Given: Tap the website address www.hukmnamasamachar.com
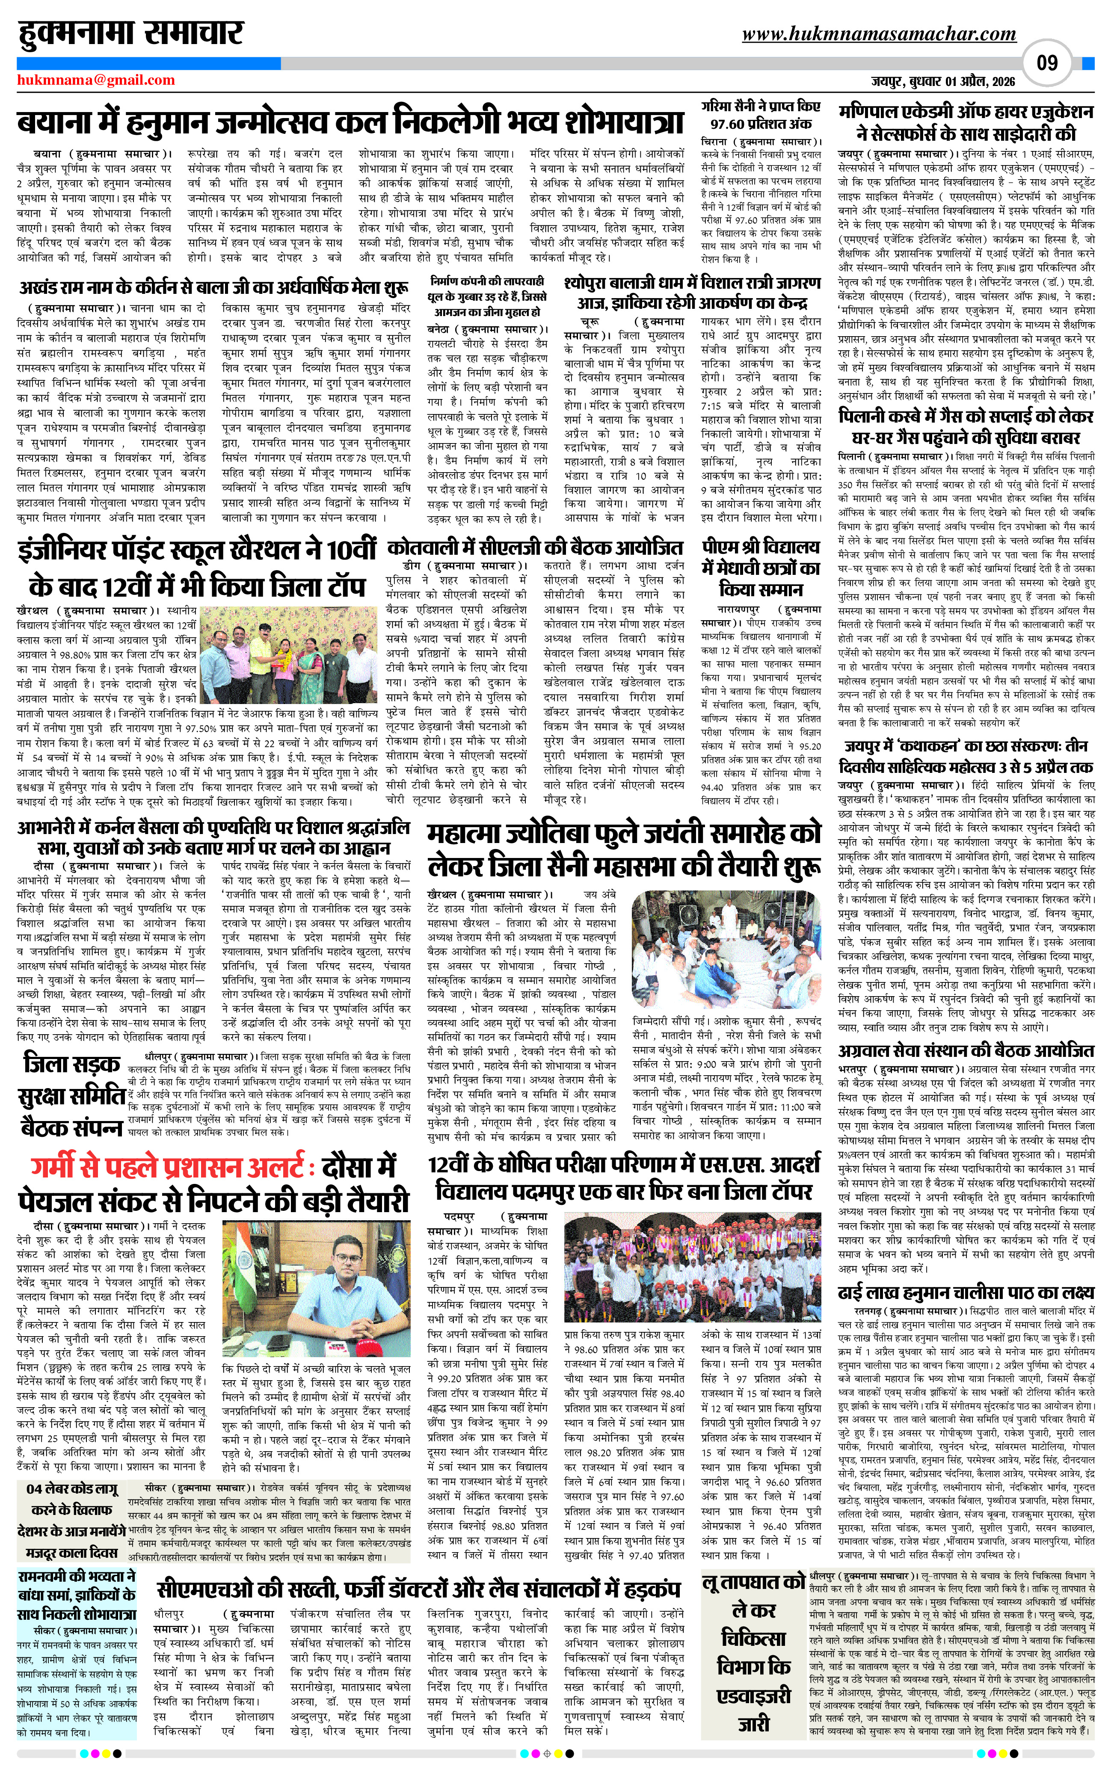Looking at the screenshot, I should pyautogui.click(x=879, y=34).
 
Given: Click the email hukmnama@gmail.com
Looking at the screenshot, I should pyautogui.click(x=96, y=80).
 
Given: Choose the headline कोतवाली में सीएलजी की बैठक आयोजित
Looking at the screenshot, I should pyautogui.click(x=535, y=547).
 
